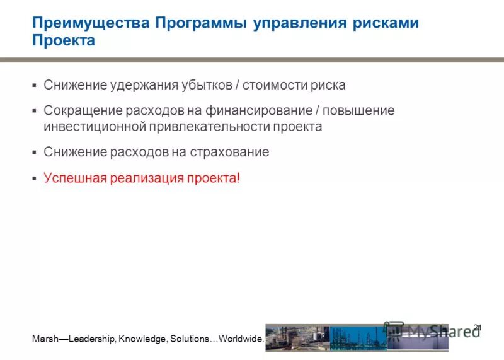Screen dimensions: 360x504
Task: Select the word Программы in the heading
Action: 200,23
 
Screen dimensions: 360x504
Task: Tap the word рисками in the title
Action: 385,23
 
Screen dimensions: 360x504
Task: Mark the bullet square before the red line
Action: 35,179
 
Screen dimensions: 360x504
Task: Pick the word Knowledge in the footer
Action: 140,339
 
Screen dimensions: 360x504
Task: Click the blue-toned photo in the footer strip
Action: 358,338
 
